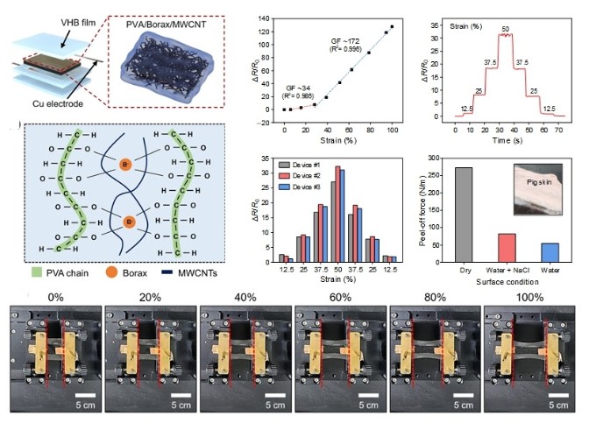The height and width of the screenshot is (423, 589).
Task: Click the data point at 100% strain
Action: [392, 26]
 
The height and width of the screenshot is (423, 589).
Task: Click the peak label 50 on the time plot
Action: [506, 29]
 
